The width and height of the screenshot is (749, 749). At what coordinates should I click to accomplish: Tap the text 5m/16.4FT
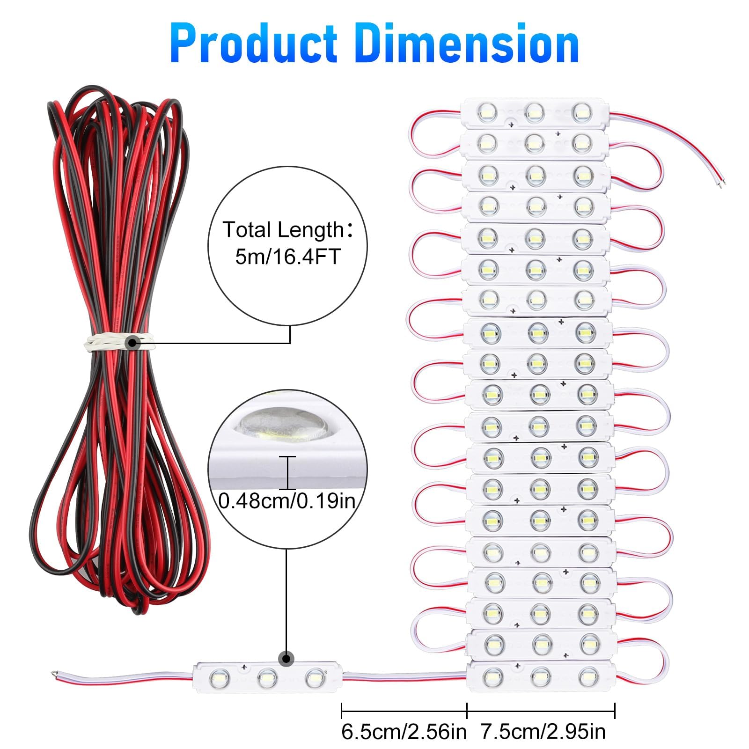click(287, 257)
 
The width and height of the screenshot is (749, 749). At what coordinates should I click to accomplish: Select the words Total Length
click(284, 230)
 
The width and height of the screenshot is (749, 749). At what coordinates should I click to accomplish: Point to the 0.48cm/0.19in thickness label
click(287, 501)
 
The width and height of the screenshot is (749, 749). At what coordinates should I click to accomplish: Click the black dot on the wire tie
click(132, 343)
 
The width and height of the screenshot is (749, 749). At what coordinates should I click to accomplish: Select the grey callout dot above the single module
click(286, 659)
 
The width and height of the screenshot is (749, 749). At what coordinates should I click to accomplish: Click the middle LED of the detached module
click(267, 676)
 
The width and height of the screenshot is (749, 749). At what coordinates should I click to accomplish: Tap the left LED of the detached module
click(220, 677)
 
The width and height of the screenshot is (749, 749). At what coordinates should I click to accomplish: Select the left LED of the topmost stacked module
click(486, 112)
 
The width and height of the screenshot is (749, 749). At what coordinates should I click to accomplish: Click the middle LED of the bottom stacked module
click(540, 676)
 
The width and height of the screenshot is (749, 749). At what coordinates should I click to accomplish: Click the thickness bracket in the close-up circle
click(287, 473)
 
